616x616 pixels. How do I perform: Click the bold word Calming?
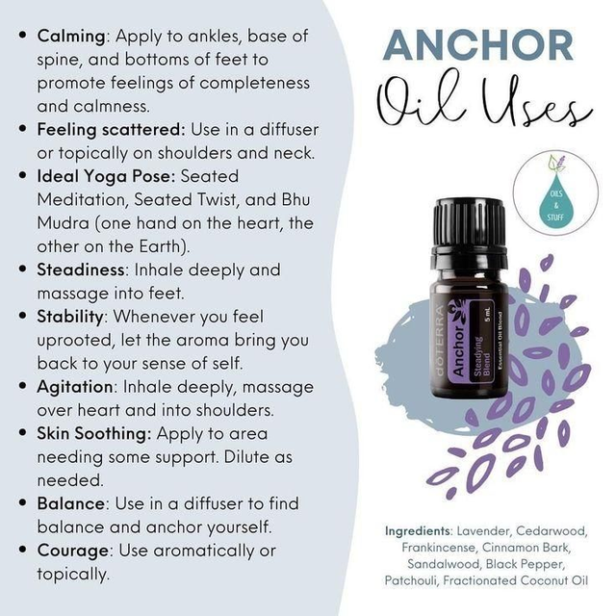71,37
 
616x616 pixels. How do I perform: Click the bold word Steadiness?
81,269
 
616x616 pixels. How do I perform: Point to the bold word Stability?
70,317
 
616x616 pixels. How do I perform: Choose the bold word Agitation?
75,387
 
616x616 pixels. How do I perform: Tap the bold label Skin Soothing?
94,434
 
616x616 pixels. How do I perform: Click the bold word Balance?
71,503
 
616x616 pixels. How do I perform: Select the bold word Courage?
73,551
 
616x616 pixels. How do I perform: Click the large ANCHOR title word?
477,45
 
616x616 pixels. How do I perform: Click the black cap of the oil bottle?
469,232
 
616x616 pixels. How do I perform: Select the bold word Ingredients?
418,531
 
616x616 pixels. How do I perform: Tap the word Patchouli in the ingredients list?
411,580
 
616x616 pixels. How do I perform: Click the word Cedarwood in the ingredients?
552,531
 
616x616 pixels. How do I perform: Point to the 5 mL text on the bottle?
488,315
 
